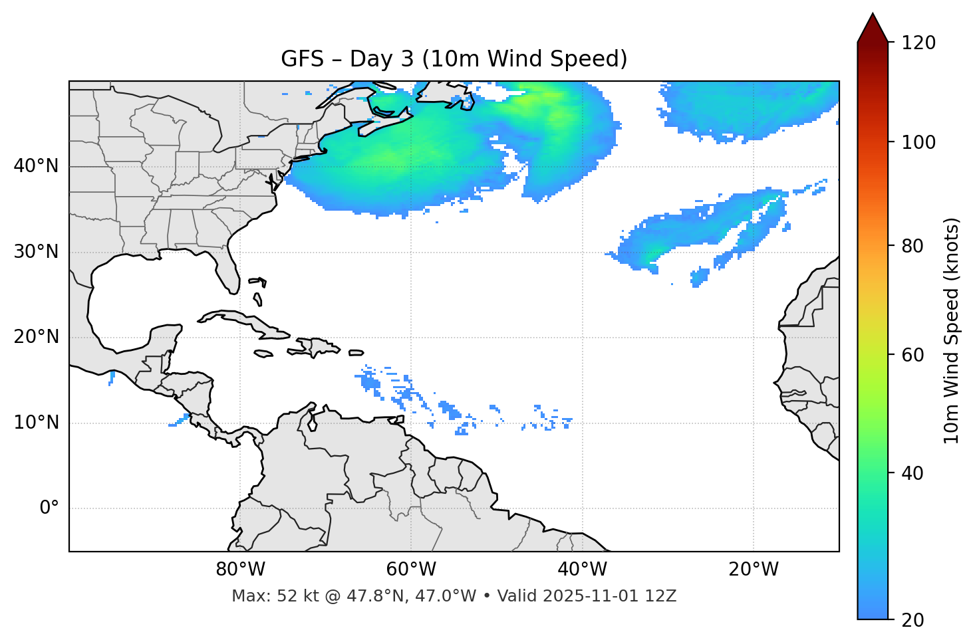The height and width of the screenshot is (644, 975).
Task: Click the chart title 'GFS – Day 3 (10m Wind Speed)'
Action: click(454, 59)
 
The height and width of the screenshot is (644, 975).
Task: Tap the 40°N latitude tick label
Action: click(36, 166)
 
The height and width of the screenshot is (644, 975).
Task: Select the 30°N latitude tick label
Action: click(36, 252)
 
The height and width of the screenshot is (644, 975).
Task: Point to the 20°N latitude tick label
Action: click(36, 337)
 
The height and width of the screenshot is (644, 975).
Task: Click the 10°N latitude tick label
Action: click(36, 423)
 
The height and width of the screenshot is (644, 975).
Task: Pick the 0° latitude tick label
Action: click(49, 508)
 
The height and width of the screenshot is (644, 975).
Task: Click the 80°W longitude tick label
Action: click(240, 570)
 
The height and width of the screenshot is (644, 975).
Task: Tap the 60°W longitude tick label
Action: click(411, 570)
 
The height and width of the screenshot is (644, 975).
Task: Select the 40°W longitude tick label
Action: click(582, 570)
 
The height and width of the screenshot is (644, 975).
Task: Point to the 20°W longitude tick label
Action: click(754, 570)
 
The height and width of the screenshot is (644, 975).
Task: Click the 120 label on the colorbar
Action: click(918, 43)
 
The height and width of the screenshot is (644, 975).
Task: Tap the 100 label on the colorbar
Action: click(918, 142)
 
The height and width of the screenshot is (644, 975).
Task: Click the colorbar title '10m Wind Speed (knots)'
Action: click(952, 330)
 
